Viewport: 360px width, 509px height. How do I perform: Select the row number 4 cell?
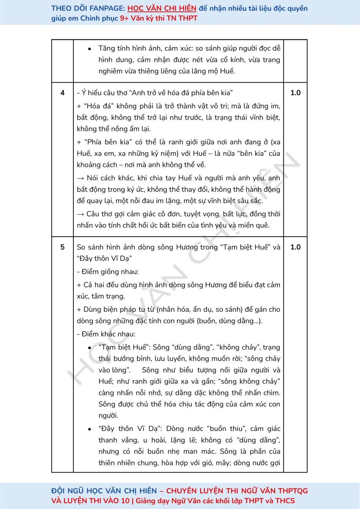click(x=62, y=93)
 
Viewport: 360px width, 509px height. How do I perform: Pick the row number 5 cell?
click(x=62, y=247)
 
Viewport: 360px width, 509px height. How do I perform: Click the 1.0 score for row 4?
click(x=295, y=93)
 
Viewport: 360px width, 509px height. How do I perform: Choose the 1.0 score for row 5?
click(x=295, y=247)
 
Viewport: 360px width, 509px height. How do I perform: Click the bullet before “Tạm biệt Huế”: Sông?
click(x=89, y=348)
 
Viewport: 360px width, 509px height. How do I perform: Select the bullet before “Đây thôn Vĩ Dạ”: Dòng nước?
click(x=89, y=429)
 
